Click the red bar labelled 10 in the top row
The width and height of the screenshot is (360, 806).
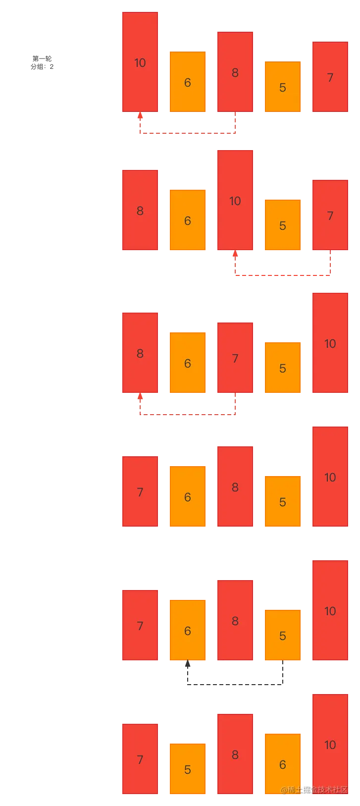140,62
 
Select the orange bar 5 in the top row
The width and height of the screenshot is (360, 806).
282,87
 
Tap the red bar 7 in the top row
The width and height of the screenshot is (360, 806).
330,77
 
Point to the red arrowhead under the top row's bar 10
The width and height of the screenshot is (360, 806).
140,116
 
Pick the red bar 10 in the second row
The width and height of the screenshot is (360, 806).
235,201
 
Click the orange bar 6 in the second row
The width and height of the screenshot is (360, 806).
187,220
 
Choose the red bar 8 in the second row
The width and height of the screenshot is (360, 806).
140,211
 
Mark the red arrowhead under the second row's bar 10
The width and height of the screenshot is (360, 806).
236,254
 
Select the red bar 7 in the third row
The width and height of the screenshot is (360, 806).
235,358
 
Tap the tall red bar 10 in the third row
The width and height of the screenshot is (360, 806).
330,343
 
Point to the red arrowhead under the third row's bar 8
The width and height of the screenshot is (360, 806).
140,397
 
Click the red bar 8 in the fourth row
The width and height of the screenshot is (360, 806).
235,487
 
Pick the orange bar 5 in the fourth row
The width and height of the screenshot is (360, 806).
282,502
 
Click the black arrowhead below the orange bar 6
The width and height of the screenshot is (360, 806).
188,665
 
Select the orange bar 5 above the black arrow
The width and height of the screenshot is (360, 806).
282,636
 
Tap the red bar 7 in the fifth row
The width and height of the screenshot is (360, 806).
140,626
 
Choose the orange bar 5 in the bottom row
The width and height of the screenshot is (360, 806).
187,769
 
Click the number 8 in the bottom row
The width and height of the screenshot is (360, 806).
235,754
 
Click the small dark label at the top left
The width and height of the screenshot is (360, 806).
42,64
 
